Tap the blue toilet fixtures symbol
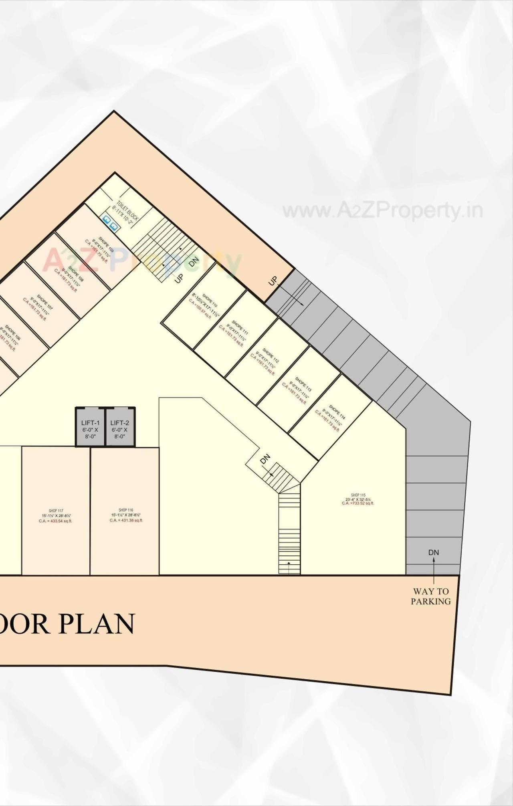[110, 223]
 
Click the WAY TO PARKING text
[431, 596]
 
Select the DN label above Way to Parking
[434, 552]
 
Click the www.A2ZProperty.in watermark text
[382, 211]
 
